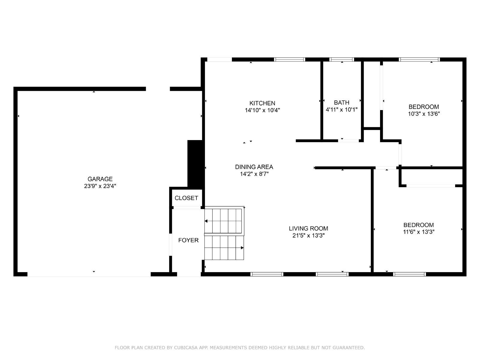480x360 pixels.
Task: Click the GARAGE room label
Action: pyautogui.click(x=100, y=179)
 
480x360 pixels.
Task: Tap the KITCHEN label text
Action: pyautogui.click(x=262, y=103)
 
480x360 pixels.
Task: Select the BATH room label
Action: pyautogui.click(x=342, y=103)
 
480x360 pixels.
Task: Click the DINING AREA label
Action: pyautogui.click(x=254, y=167)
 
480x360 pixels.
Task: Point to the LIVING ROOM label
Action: pyautogui.click(x=308, y=228)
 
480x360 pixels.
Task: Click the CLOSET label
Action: pyautogui.click(x=186, y=198)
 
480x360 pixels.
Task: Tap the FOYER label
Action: pyautogui.click(x=188, y=240)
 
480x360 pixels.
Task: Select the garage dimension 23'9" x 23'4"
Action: pyautogui.click(x=100, y=186)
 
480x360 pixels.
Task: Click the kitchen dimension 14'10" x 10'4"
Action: pyautogui.click(x=262, y=110)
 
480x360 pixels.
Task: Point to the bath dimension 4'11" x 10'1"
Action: pyautogui.click(x=342, y=109)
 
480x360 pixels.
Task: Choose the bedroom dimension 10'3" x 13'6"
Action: pyautogui.click(x=424, y=114)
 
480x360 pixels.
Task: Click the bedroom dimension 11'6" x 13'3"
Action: pyautogui.click(x=418, y=232)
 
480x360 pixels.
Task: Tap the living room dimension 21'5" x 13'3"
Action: pyautogui.click(x=308, y=235)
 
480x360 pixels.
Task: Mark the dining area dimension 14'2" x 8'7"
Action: pyautogui.click(x=254, y=174)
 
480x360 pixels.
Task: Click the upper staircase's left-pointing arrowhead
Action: pyautogui.click(x=206, y=221)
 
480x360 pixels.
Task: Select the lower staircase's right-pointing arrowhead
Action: pyautogui.click(x=242, y=248)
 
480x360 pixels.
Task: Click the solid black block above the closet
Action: pyautogui.click(x=196, y=163)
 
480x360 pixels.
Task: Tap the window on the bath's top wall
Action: pyautogui.click(x=342, y=59)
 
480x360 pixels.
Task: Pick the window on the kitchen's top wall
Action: pyautogui.click(x=289, y=59)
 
